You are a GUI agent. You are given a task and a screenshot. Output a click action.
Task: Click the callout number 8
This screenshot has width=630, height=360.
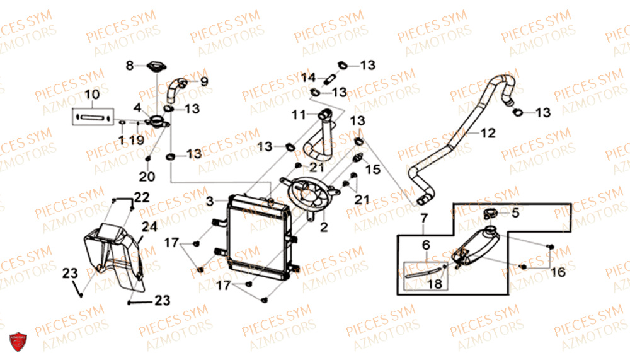tap(129, 65)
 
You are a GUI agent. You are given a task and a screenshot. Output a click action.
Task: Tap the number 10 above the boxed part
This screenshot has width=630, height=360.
tap(92, 95)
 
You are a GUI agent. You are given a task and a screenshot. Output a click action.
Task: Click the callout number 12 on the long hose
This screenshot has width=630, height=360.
tap(488, 133)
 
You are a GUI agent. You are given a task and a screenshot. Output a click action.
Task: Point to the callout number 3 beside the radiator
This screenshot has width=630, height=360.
tap(210, 200)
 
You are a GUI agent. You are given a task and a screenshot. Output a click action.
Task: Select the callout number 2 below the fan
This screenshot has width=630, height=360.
tap(324, 227)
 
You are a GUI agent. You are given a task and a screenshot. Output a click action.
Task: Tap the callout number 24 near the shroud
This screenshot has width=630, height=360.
tap(149, 227)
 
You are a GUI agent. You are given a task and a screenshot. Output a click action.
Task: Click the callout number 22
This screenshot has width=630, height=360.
tap(142, 197)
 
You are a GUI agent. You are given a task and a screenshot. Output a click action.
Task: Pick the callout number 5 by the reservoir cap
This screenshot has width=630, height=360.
tap(515, 212)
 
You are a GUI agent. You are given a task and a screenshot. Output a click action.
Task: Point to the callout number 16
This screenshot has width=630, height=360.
tap(558, 272)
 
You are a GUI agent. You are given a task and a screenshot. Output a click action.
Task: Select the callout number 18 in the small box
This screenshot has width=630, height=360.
tap(434, 284)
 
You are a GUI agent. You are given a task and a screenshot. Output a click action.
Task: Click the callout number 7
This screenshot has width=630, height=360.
tap(424, 219)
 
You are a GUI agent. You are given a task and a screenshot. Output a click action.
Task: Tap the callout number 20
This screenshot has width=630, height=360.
tap(147, 176)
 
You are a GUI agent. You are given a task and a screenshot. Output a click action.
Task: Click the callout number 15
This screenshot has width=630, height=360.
tap(372, 170)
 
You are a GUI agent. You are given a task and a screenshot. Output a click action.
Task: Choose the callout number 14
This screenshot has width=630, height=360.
tap(309, 78)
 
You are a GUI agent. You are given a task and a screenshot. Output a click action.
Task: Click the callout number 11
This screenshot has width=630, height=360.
tap(299, 115)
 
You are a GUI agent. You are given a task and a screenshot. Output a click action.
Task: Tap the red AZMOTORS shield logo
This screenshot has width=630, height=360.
tap(18, 342)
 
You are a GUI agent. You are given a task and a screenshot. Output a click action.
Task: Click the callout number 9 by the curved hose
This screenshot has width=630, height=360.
tap(204, 82)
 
